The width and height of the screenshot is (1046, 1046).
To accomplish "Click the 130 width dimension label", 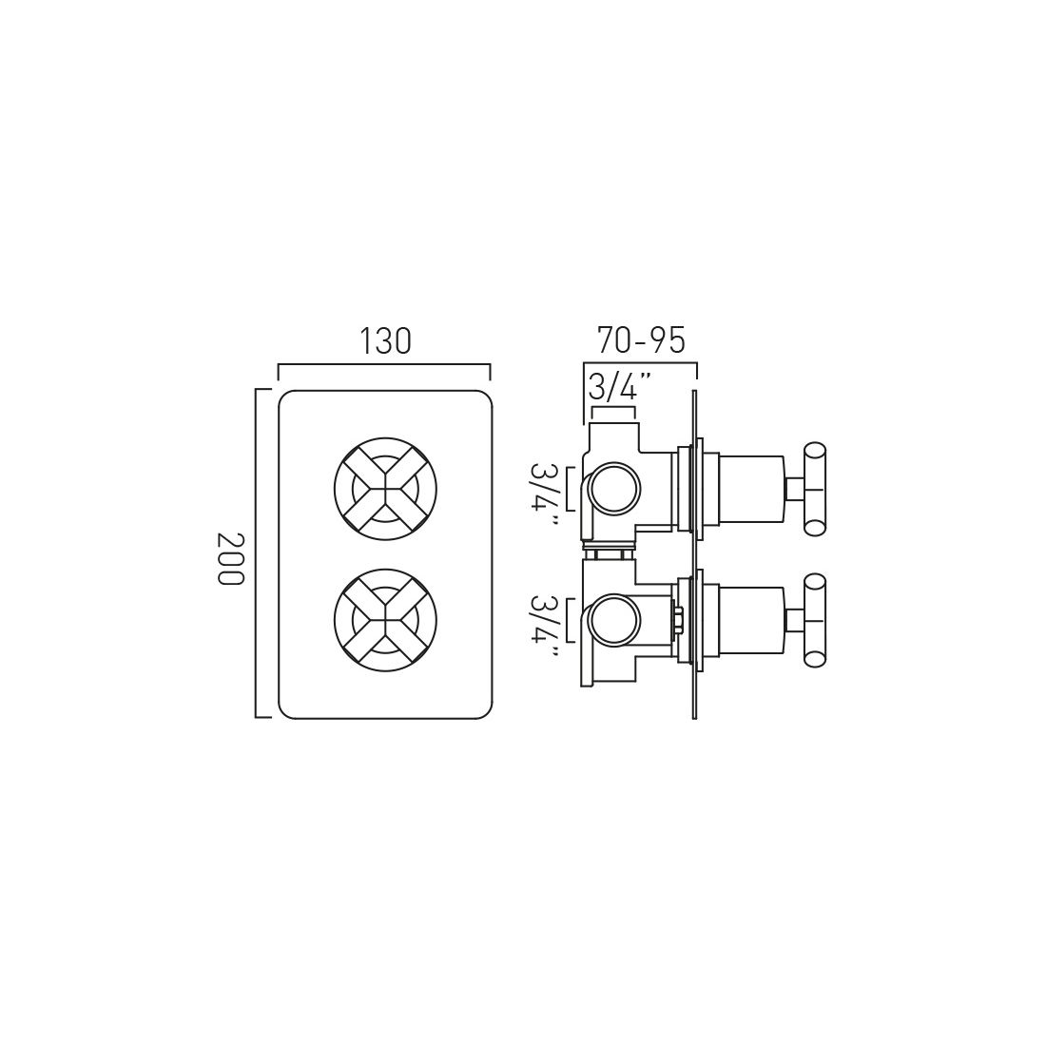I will [385, 340].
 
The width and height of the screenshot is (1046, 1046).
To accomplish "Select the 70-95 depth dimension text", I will [641, 339].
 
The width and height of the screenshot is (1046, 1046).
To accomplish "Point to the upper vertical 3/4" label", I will [545, 488].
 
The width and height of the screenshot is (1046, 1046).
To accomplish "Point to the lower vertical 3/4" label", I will [545, 619].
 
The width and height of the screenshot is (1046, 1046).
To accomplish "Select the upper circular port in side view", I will [614, 489].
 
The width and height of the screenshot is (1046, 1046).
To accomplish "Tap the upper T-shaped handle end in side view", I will [816, 489].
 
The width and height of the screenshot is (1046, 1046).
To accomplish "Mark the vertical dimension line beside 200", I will [257, 552].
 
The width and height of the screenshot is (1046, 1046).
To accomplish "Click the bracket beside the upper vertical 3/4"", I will [569, 489].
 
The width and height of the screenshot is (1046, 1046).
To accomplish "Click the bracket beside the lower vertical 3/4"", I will [569, 620].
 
